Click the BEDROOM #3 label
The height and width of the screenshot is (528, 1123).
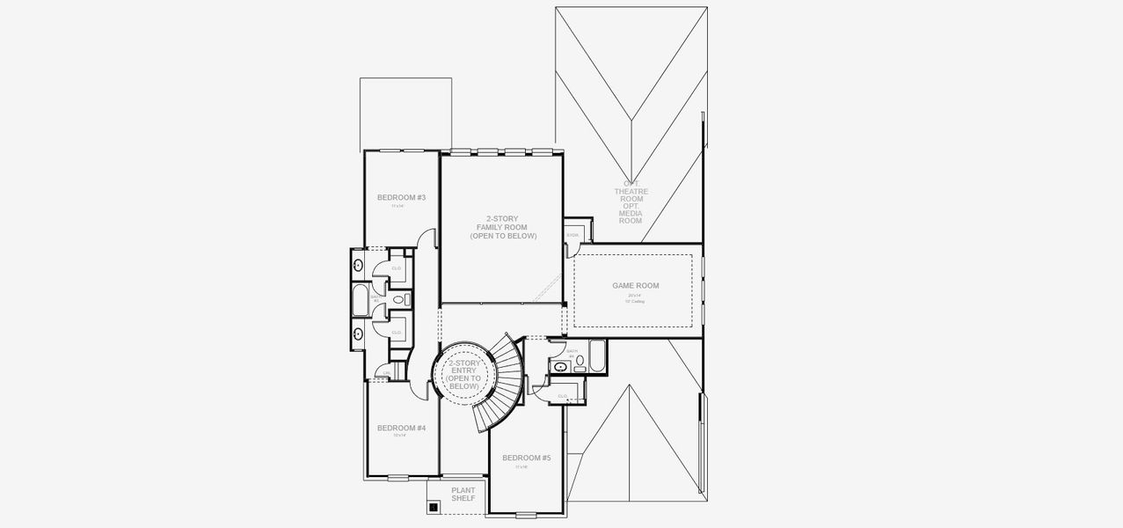(401, 197)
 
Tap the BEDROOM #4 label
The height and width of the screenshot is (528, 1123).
(401, 428)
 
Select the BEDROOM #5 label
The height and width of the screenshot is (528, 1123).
(526, 458)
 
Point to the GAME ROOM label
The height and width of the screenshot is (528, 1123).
(635, 285)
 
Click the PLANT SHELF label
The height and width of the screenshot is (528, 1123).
(463, 495)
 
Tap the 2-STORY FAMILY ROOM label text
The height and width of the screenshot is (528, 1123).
(501, 227)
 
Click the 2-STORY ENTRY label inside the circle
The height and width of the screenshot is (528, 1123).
(463, 374)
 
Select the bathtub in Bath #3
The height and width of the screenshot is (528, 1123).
(361, 300)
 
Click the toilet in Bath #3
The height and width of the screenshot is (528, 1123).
(399, 300)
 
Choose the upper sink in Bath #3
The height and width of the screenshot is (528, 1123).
(359, 265)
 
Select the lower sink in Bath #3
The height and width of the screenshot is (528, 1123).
(359, 333)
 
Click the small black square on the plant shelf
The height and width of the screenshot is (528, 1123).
(434, 506)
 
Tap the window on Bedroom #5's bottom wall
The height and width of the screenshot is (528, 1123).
(526, 514)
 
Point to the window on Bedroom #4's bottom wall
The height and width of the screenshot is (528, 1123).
(398, 478)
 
